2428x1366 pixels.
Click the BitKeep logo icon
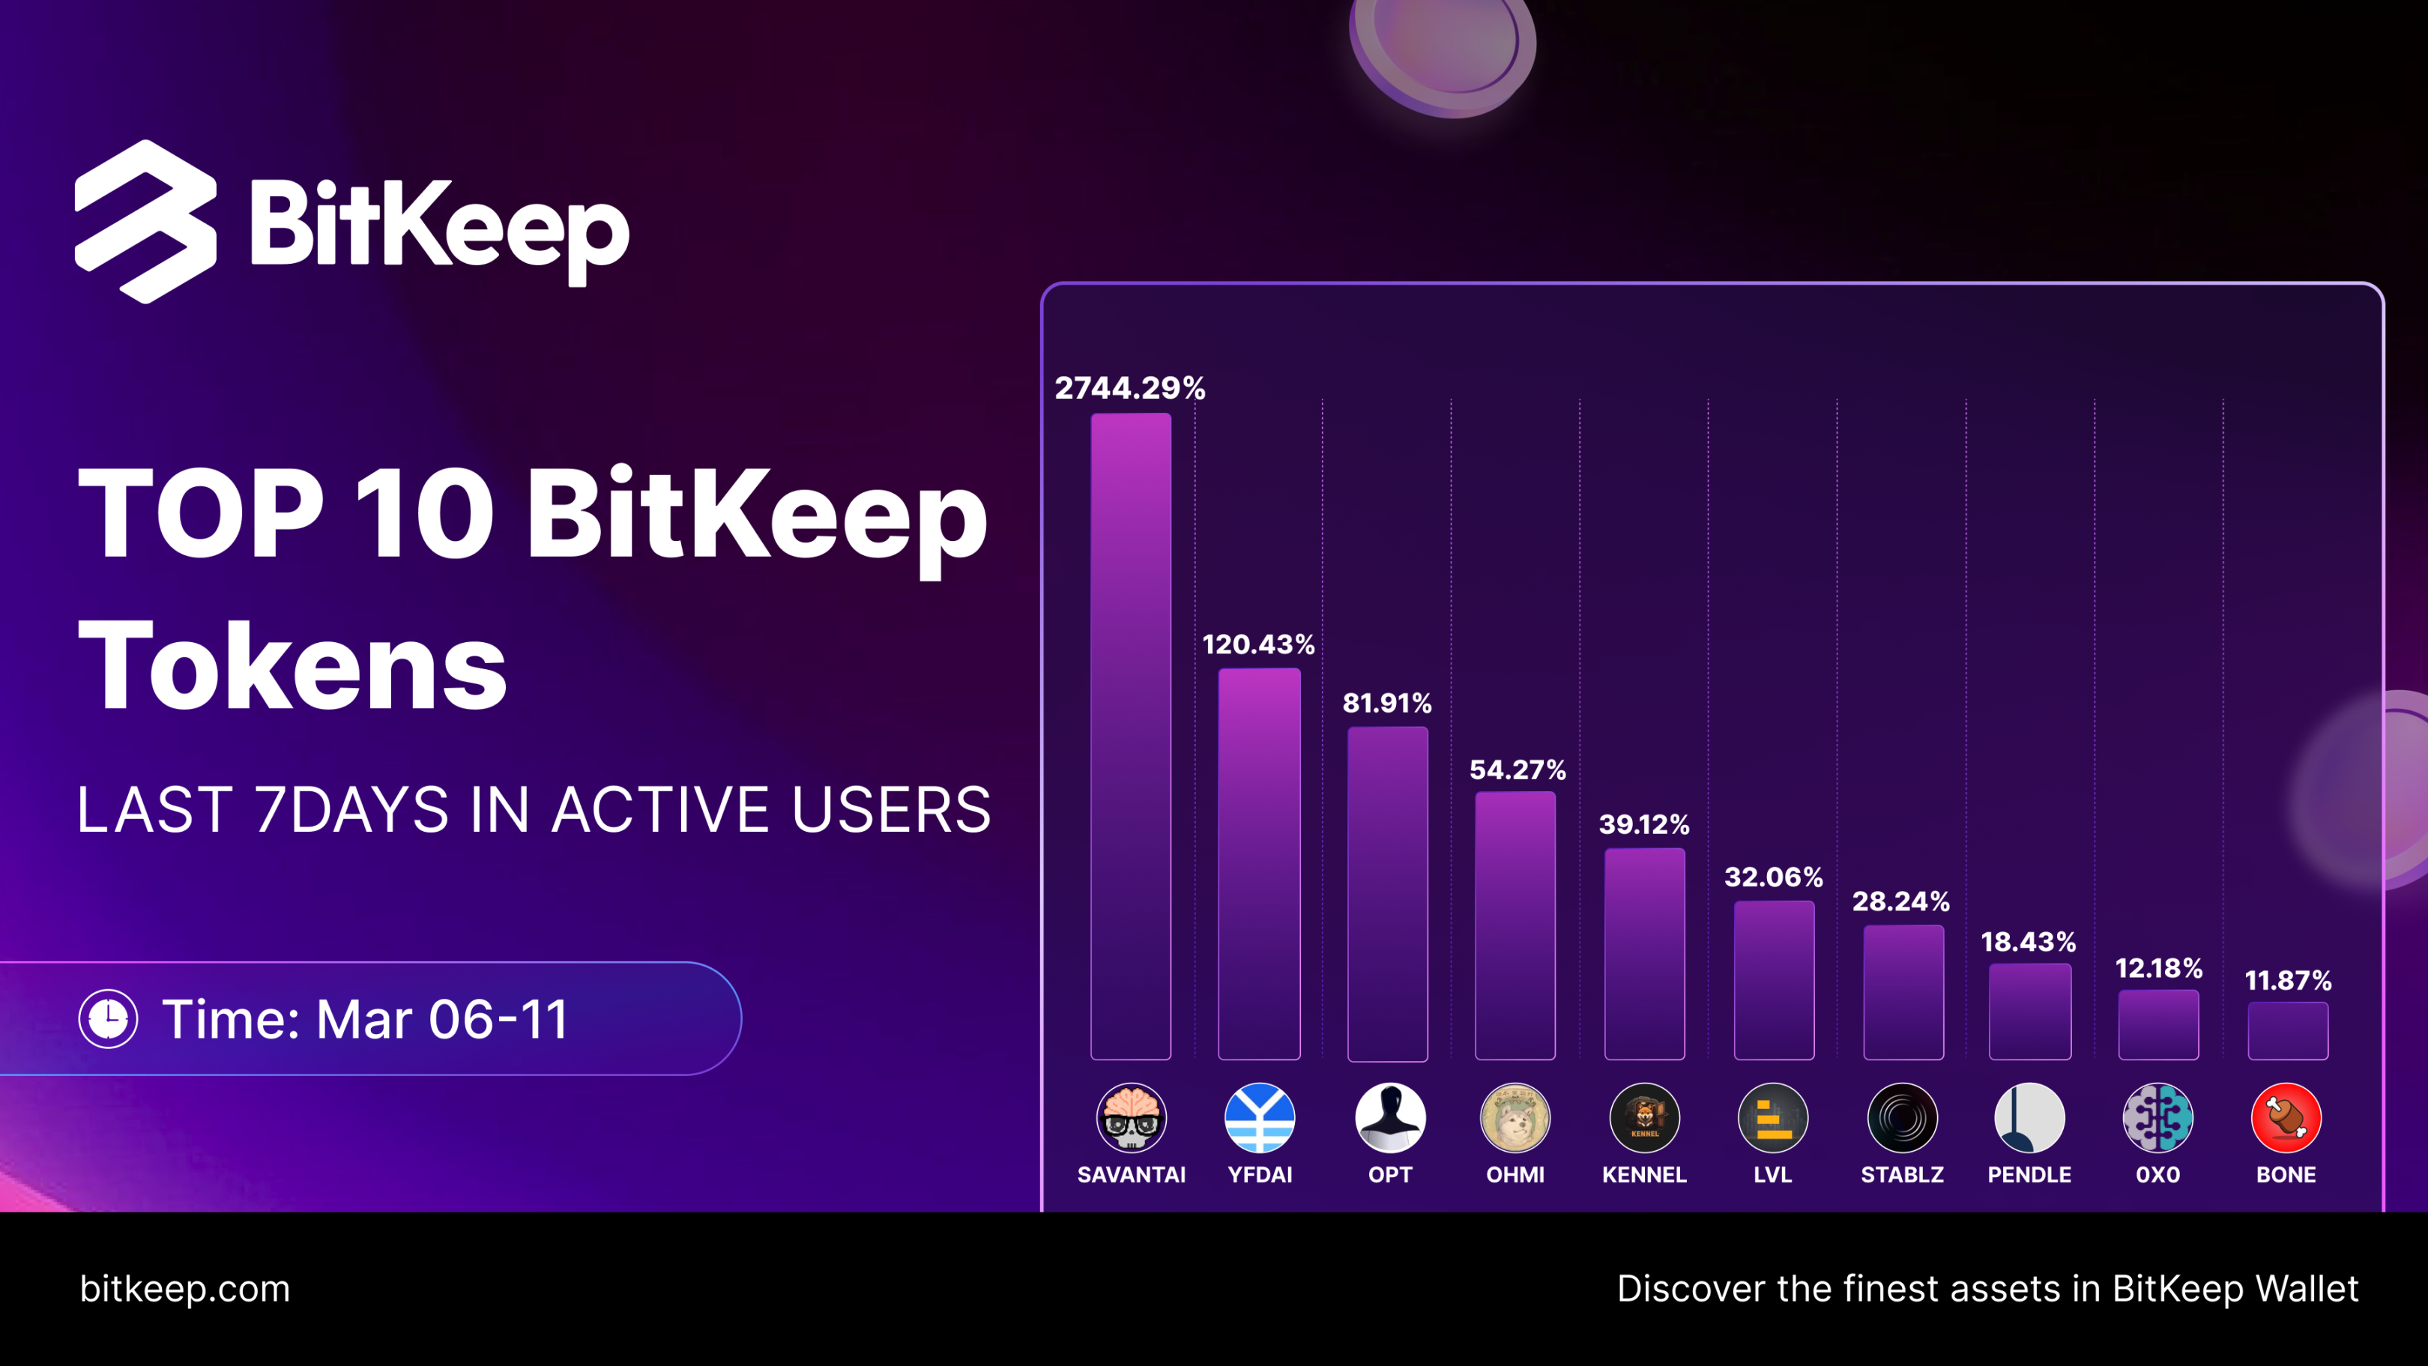point(146,223)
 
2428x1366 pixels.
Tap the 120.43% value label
point(1258,645)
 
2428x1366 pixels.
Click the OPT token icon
point(1389,1118)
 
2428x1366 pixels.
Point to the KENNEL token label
point(1644,1175)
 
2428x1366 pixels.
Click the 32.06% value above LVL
point(1773,877)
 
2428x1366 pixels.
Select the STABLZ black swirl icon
point(1902,1118)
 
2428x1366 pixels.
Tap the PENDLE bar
point(2029,1012)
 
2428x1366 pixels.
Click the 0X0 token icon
point(2157,1118)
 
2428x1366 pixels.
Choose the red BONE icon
point(2286,1118)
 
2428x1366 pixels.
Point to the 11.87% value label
point(2288,982)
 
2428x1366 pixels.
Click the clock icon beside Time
point(109,1019)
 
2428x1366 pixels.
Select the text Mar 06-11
point(443,1019)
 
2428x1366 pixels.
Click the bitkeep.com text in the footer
point(185,1289)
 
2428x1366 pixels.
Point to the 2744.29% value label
point(1129,388)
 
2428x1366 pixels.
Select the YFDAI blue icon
point(1259,1118)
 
